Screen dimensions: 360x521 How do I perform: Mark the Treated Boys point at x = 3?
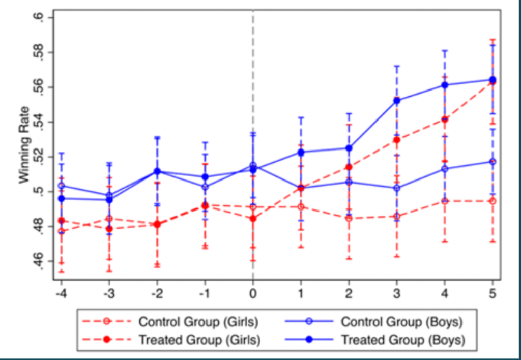(397, 101)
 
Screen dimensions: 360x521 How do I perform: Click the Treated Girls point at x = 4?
(445, 119)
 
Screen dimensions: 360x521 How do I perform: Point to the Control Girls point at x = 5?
(493, 201)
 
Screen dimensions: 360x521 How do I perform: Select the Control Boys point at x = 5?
(493, 162)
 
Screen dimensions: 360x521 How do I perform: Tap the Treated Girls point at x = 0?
(253, 219)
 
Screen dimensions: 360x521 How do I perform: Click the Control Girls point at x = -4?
(61, 231)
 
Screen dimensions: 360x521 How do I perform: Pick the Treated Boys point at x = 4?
(445, 85)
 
